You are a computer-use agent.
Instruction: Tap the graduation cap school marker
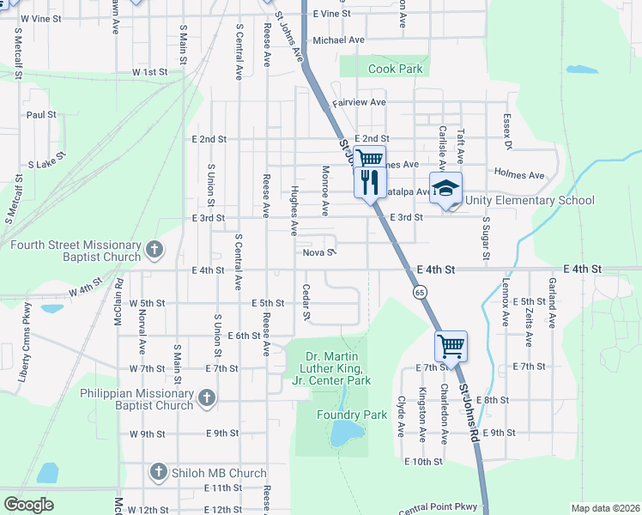coord(445,189)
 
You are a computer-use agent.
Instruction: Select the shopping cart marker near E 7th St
coord(451,347)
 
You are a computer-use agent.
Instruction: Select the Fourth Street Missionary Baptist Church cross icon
coord(154,251)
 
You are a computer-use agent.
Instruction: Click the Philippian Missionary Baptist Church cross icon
coord(206,398)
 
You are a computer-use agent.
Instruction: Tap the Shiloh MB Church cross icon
coord(158,472)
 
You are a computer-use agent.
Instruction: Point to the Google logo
coord(28,504)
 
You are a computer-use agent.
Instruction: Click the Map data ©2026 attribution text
coord(605,508)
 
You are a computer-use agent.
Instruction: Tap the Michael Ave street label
coord(339,39)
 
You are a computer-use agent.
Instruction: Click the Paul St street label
coord(40,114)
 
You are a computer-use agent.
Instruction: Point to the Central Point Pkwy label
coord(437,507)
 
